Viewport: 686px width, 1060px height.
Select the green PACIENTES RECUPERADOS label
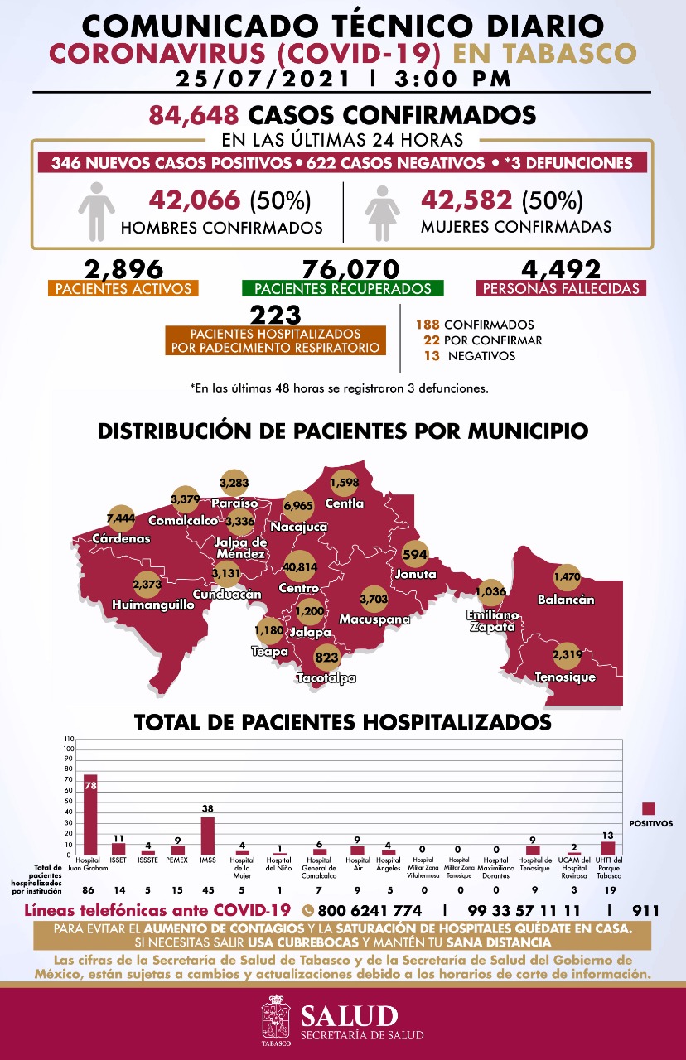[342, 289]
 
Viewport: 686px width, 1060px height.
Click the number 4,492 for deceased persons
[561, 269]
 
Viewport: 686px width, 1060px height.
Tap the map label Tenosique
[566, 677]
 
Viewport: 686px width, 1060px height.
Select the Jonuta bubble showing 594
[413, 554]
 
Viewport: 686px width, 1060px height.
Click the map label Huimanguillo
[153, 605]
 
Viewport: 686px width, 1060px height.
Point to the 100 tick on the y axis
[69, 749]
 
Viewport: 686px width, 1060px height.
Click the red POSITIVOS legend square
[650, 809]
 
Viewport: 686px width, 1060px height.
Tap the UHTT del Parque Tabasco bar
[608, 848]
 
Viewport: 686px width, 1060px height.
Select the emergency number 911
[645, 911]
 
